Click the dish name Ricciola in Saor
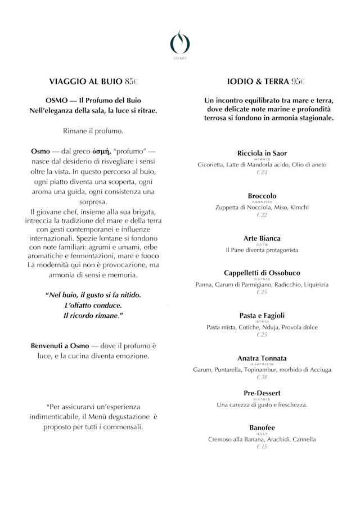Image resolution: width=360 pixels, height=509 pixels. coord(262,153)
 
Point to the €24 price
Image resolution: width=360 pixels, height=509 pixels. coord(262,172)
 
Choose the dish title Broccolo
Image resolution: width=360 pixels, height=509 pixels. coord(262,195)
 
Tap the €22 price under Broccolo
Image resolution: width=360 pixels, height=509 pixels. coord(262,215)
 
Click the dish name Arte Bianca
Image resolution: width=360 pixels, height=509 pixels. coord(262,238)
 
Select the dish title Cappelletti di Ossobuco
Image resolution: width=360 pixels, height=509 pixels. coord(262,273)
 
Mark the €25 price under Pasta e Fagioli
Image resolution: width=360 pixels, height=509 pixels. coord(262,335)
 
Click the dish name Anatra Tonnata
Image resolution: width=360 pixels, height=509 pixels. coord(262,358)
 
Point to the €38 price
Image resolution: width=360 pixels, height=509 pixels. coord(262,377)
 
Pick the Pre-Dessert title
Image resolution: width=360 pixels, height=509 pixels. coord(262,393)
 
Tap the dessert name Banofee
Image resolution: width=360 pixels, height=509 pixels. coord(262,427)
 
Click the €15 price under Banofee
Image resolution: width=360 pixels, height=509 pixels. coord(262,447)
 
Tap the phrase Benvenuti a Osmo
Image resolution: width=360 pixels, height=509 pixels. coord(58,345)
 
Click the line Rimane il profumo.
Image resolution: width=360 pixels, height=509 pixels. coord(93,131)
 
